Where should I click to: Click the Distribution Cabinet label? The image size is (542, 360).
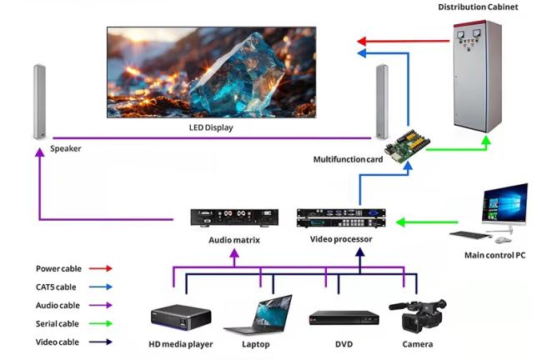(x=478, y=7)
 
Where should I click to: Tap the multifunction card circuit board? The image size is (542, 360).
(x=407, y=147)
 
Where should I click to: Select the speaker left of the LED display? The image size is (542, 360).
(x=39, y=102)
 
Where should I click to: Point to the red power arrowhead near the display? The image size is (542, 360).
(x=362, y=42)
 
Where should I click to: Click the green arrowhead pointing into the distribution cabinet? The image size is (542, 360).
(x=486, y=140)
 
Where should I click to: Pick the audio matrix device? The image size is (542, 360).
(x=234, y=217)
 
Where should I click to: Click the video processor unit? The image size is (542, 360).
(x=341, y=217)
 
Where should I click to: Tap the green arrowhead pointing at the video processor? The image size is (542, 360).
(x=400, y=222)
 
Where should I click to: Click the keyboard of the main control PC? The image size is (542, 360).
(x=470, y=235)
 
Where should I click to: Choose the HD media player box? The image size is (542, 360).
(x=181, y=317)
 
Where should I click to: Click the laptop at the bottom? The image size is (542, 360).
(x=258, y=314)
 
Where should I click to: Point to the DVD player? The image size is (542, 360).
(x=344, y=317)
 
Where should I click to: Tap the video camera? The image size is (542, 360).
(x=418, y=316)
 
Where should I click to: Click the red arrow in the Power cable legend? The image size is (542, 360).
(x=101, y=268)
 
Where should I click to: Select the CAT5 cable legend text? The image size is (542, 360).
(x=56, y=287)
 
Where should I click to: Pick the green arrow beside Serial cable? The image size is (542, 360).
(x=101, y=323)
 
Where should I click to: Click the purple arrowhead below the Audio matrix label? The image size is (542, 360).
(x=234, y=253)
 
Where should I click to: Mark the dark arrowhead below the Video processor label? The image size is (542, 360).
(x=360, y=252)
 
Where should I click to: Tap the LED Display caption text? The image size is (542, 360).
(x=211, y=127)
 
